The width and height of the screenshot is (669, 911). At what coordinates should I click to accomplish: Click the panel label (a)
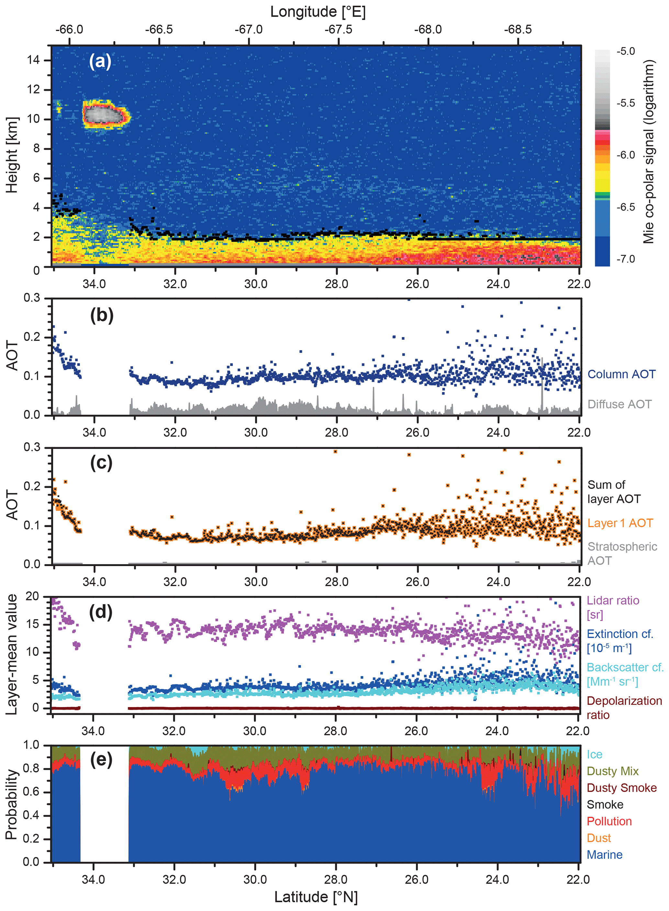[x=100, y=61]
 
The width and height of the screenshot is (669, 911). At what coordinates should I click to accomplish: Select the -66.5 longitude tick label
[x=159, y=29]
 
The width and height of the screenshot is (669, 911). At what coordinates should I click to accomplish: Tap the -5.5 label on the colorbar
[x=625, y=103]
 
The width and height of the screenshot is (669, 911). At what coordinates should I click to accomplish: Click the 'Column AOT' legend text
[x=621, y=374]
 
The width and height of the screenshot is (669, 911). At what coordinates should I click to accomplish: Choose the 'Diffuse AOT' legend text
[x=619, y=404]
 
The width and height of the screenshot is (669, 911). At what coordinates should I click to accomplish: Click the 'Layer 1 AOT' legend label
[x=620, y=523]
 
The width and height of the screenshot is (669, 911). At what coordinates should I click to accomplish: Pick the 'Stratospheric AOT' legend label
[x=622, y=553]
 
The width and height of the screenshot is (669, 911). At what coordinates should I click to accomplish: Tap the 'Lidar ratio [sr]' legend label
[x=613, y=607]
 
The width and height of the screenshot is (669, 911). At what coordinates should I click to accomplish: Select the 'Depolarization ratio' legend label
[x=624, y=708]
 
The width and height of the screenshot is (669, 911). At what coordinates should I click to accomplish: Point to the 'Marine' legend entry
[x=604, y=854]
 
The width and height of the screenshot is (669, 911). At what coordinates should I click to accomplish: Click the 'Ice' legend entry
[x=594, y=754]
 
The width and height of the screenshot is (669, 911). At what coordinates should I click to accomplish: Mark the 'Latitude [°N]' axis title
[x=316, y=897]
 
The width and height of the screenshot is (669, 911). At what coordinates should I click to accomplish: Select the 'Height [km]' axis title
[x=12, y=155]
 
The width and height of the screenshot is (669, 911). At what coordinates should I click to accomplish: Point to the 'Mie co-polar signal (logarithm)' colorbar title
[x=648, y=152]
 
